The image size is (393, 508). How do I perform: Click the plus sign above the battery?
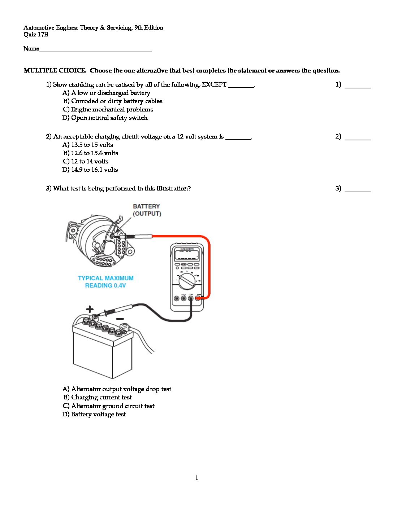coord(90,309)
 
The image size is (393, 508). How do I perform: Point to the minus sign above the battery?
coord(120,319)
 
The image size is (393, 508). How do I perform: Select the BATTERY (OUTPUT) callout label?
coord(147,210)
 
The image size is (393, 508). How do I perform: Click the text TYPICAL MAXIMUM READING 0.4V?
coord(105,282)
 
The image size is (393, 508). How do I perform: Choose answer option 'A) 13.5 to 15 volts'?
coord(88,145)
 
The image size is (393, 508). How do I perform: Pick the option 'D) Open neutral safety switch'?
coord(105,118)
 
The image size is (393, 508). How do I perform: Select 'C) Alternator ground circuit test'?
coord(109,406)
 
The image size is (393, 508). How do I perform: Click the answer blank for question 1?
coord(357,85)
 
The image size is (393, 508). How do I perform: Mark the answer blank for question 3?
coord(357,189)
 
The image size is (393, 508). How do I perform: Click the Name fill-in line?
coord(95,49)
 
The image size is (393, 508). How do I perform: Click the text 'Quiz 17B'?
coord(36,35)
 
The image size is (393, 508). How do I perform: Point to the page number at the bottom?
coord(196,478)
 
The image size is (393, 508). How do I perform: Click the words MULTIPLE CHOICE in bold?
coord(55,71)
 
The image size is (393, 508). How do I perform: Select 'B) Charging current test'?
coord(98,397)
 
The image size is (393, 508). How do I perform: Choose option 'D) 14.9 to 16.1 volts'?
coord(90,170)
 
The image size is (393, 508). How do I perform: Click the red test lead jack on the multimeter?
coord(198,298)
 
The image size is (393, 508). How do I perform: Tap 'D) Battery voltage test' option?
coord(94,414)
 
